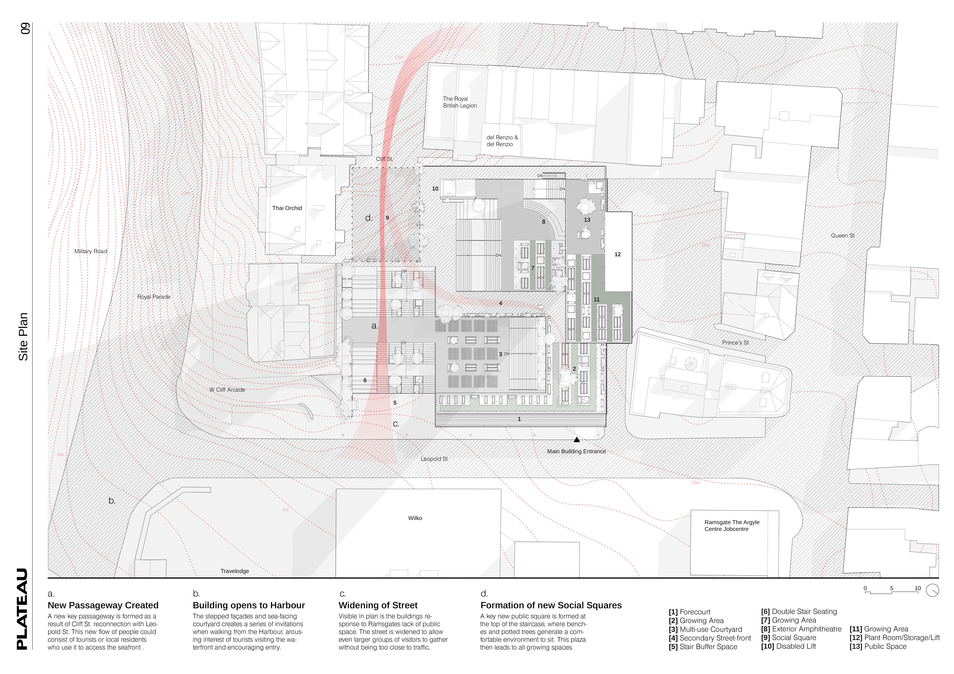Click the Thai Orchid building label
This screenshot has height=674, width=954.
[287, 208]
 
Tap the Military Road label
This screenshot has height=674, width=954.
[91, 251]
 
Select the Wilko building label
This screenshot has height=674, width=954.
[415, 518]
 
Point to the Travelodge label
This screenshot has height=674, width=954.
[234, 571]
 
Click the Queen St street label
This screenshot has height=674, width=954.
[842, 236]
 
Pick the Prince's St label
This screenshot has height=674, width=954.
[735, 343]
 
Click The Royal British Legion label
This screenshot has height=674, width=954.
[460, 102]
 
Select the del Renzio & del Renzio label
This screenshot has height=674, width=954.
[502, 141]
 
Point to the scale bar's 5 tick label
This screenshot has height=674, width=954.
[891, 588]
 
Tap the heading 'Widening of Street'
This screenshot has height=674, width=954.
[378, 605]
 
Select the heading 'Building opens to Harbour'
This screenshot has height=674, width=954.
[249, 605]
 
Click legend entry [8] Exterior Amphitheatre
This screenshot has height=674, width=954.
[801, 629]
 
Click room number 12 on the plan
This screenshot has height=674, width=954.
[617, 254]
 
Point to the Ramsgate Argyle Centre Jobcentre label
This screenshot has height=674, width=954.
[732, 526]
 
